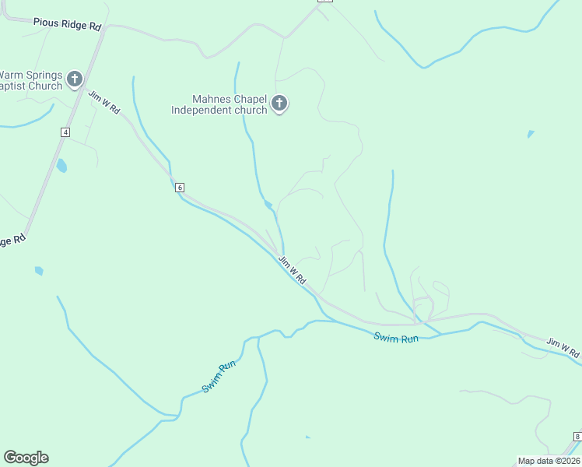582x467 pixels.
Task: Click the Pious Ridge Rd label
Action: (x=68, y=24)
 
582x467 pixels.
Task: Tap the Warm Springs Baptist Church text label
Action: (x=31, y=80)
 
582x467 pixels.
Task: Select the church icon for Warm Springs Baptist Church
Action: (x=75, y=79)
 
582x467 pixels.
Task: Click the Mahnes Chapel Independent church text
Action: (x=219, y=104)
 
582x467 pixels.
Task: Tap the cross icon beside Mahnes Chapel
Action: (x=279, y=104)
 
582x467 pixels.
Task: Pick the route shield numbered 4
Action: (x=65, y=132)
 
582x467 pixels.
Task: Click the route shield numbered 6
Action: (x=180, y=188)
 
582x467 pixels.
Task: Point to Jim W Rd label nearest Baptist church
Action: (x=103, y=103)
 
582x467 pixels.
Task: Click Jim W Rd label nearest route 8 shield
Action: (x=563, y=347)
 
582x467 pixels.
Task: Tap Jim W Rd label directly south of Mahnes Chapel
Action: (x=293, y=269)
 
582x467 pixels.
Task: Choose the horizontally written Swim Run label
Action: (x=396, y=337)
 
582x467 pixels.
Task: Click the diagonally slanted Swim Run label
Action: (x=219, y=377)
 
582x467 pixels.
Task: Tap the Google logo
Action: (x=26, y=458)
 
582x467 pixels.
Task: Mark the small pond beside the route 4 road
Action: (x=61, y=166)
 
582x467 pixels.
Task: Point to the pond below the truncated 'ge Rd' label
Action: (x=39, y=271)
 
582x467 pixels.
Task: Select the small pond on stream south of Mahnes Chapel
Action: (x=268, y=205)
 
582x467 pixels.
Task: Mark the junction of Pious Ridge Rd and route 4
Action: (x=105, y=27)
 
